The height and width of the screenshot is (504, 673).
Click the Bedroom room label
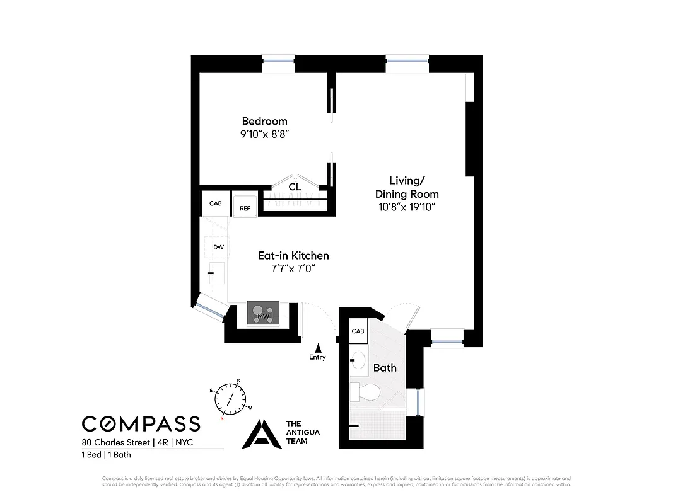pyautogui.click(x=265, y=121)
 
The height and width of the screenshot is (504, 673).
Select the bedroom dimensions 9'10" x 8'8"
pyautogui.click(x=265, y=134)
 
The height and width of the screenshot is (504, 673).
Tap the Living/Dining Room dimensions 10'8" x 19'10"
pyautogui.click(x=406, y=206)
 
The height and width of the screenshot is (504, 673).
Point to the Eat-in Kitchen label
pyautogui.click(x=293, y=256)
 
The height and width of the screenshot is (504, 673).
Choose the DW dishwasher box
pyautogui.click(x=218, y=248)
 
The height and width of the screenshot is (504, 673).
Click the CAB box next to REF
pyautogui.click(x=216, y=203)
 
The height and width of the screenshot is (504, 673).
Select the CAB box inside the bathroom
pyautogui.click(x=358, y=331)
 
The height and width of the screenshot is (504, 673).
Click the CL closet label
pyautogui.click(x=294, y=187)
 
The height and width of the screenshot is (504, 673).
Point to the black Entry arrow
pyautogui.click(x=318, y=347)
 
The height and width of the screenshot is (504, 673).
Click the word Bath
pyautogui.click(x=385, y=367)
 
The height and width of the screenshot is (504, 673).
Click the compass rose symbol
pyautogui.click(x=230, y=399)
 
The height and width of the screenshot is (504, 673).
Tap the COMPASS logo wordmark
pyautogui.click(x=141, y=424)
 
